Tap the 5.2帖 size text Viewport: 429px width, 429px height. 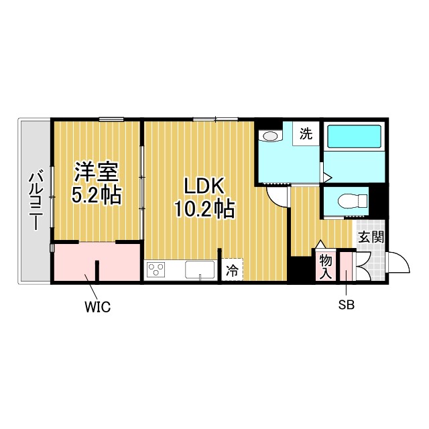click(x=97, y=196)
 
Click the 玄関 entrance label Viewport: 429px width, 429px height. click(x=370, y=237)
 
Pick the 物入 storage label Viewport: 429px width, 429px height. click(x=326, y=265)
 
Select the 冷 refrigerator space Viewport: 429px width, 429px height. click(x=232, y=271)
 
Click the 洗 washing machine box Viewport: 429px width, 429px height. click(x=306, y=133)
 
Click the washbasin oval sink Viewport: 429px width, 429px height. click(x=270, y=137)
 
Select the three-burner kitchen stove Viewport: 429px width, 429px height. click(x=157, y=271)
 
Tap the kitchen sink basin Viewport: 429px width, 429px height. click(x=199, y=271)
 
